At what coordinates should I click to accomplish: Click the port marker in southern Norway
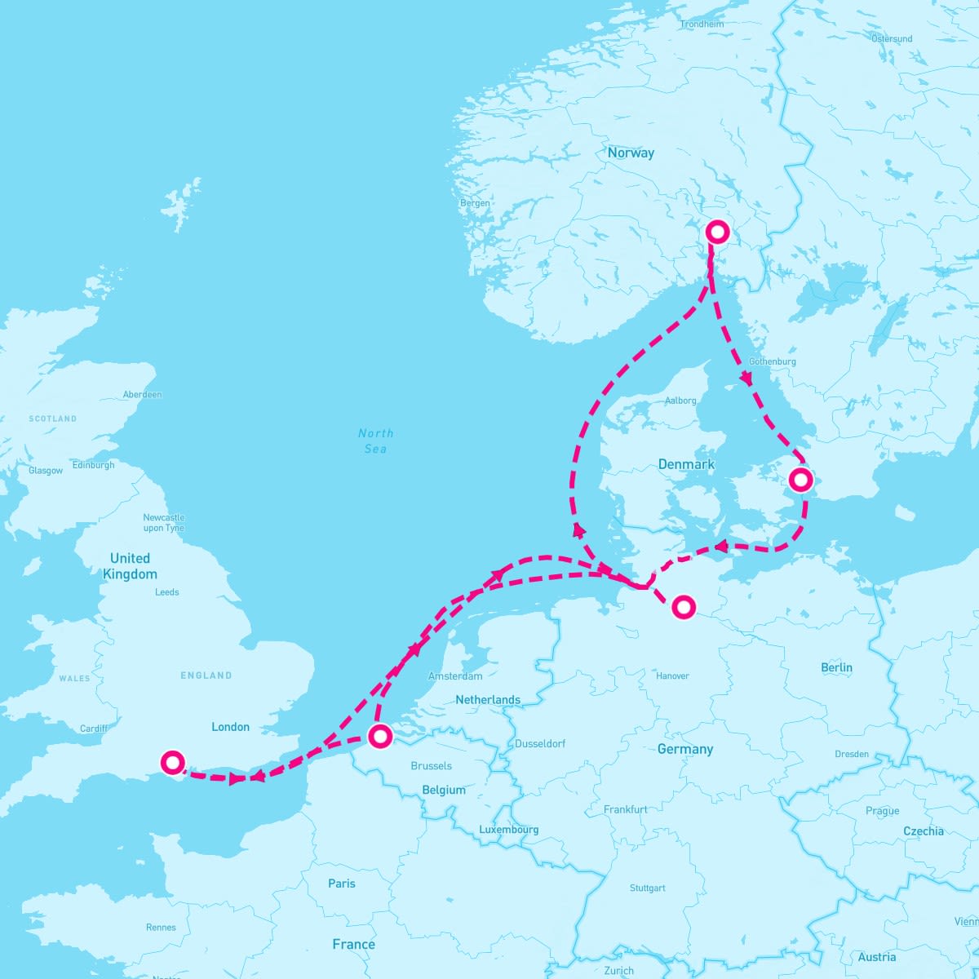click(x=717, y=232)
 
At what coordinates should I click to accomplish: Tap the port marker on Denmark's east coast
click(x=801, y=480)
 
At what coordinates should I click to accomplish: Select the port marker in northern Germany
click(x=684, y=606)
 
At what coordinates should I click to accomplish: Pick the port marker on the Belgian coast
click(x=380, y=736)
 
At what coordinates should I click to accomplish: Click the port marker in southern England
click(x=172, y=762)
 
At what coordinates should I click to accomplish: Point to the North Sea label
click(x=375, y=441)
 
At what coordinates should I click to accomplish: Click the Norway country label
click(x=631, y=153)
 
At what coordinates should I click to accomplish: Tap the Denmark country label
click(x=686, y=464)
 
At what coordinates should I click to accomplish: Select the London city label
click(x=230, y=727)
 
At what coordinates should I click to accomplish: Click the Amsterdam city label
click(x=455, y=676)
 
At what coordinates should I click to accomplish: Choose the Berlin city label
click(x=836, y=667)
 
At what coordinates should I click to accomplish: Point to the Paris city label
click(x=342, y=884)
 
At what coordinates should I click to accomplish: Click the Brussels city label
click(x=432, y=766)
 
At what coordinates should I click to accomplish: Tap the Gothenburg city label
click(x=772, y=361)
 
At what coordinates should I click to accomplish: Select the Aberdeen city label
click(x=142, y=395)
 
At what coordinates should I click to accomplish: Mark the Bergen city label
click(x=475, y=203)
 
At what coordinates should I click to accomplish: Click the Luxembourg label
click(x=508, y=830)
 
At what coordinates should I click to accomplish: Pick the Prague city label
click(x=882, y=811)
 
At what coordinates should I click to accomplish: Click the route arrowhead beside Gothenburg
click(x=746, y=379)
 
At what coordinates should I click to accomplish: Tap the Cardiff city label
click(x=94, y=729)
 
